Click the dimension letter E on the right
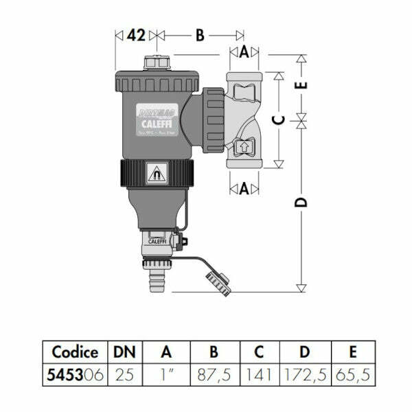302,85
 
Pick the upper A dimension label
244,52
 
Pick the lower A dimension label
244,187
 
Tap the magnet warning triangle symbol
157,171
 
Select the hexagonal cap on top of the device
157,62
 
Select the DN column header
124,352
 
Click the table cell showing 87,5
213,376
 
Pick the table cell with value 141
259,376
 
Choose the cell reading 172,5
304,376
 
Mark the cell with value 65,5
352,376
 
